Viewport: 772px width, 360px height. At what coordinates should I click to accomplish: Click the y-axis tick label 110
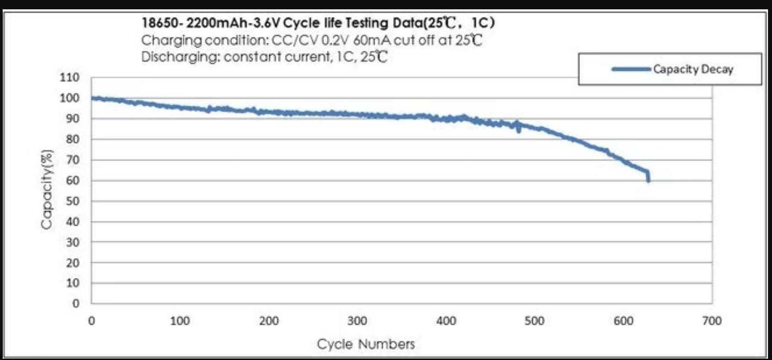click(70, 78)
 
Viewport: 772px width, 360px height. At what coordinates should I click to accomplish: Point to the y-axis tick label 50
click(73, 201)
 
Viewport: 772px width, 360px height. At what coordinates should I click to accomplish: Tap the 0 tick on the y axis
click(76, 304)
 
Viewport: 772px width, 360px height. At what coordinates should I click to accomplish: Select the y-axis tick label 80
click(73, 139)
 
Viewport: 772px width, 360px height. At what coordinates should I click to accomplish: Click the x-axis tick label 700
click(712, 321)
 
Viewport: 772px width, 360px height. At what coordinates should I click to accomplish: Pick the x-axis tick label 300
click(357, 321)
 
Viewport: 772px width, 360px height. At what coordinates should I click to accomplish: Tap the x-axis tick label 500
click(534, 321)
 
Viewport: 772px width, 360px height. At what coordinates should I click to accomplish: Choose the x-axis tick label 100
click(180, 321)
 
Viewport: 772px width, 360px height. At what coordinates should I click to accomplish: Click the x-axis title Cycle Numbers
click(366, 344)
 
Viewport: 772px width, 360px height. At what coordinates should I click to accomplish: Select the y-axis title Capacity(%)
click(47, 190)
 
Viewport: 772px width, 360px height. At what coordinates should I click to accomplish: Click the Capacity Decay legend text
click(693, 69)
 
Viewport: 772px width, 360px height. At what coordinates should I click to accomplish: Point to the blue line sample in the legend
click(631, 69)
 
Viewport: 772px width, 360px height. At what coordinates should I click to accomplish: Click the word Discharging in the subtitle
click(180, 57)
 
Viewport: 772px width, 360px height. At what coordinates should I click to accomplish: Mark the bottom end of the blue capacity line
click(648, 180)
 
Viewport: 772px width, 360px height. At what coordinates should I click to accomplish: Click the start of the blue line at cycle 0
click(92, 98)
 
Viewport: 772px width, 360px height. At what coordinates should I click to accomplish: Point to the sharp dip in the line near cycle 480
click(519, 130)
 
